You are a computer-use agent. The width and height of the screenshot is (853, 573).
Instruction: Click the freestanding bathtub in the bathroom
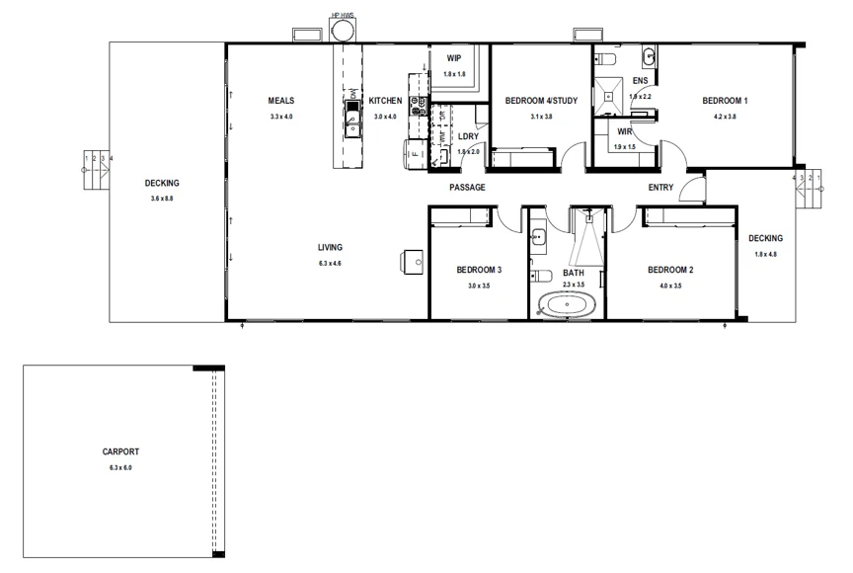566,305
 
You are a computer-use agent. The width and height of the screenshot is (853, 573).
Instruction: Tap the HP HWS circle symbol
345,32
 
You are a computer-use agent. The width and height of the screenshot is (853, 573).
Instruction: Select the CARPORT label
120,452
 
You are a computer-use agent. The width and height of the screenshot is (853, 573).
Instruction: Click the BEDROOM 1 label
725,101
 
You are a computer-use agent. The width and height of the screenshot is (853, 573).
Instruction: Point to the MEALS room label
281,101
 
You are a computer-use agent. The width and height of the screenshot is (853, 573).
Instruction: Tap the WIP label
453,58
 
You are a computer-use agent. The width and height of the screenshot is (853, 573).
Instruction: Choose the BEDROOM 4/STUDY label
541,101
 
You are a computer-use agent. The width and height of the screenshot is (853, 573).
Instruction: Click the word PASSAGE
467,187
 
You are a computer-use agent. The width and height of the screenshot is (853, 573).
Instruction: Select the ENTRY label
660,187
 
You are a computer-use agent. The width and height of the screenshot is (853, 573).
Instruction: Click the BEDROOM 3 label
479,270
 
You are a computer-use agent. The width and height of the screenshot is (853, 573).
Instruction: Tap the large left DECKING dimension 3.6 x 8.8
161,199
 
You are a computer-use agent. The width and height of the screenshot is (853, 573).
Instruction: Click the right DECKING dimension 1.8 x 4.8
765,254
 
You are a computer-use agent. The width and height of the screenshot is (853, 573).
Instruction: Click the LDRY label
468,136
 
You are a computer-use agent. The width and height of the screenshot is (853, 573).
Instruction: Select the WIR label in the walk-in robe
623,131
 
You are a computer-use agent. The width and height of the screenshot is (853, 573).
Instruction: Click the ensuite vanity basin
648,55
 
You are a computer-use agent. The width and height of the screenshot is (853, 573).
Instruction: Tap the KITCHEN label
385,101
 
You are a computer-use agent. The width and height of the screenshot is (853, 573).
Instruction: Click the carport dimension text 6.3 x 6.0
120,467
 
